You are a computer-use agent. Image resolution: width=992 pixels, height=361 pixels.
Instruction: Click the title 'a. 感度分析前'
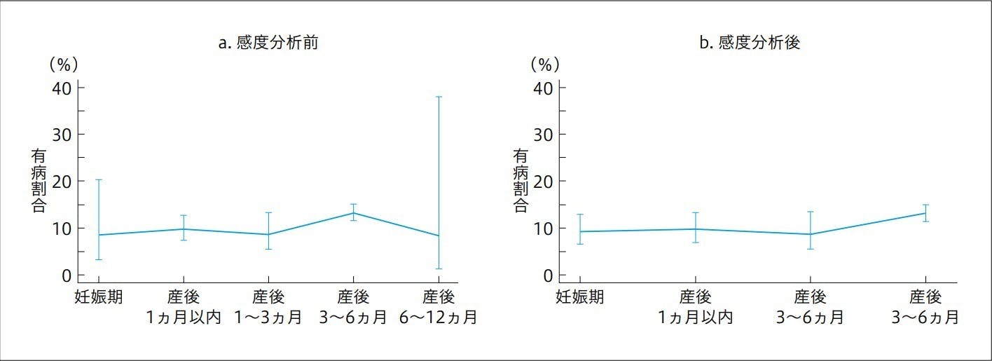click(269, 43)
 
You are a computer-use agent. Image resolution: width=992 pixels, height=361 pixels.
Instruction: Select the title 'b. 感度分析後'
click(750, 43)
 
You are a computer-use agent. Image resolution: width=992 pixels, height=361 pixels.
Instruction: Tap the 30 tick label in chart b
click(544, 134)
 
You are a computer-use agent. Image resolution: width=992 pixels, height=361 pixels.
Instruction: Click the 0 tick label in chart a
click(67, 275)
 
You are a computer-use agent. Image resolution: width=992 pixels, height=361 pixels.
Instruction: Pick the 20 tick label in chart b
click(544, 181)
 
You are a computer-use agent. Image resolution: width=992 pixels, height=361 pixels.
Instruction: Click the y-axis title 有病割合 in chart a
click(39, 181)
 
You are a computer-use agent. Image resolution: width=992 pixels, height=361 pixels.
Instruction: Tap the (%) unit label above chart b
click(544, 64)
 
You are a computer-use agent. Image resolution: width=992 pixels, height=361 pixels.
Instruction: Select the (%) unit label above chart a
click(62, 64)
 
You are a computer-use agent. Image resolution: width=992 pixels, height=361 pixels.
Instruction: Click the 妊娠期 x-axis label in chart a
click(99, 297)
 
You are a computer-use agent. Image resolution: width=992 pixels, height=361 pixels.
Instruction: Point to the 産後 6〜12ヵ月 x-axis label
click(439, 307)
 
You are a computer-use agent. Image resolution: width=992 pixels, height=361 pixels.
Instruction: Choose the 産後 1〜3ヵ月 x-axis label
click(268, 307)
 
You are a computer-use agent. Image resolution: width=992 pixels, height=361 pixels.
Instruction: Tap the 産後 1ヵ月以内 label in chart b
click(695, 307)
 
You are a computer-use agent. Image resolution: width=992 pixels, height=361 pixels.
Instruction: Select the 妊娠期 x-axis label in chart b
click(580, 297)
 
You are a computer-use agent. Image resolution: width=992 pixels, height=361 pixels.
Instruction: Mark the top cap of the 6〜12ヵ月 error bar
click(439, 97)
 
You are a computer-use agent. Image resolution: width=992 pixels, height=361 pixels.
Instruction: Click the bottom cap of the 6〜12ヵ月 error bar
click(439, 268)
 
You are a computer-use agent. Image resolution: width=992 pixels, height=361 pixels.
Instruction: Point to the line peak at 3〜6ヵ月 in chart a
click(354, 213)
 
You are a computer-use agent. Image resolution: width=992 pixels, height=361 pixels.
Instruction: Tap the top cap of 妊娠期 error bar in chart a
click(99, 180)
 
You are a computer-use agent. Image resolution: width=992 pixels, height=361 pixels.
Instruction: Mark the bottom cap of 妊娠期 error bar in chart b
click(580, 244)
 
